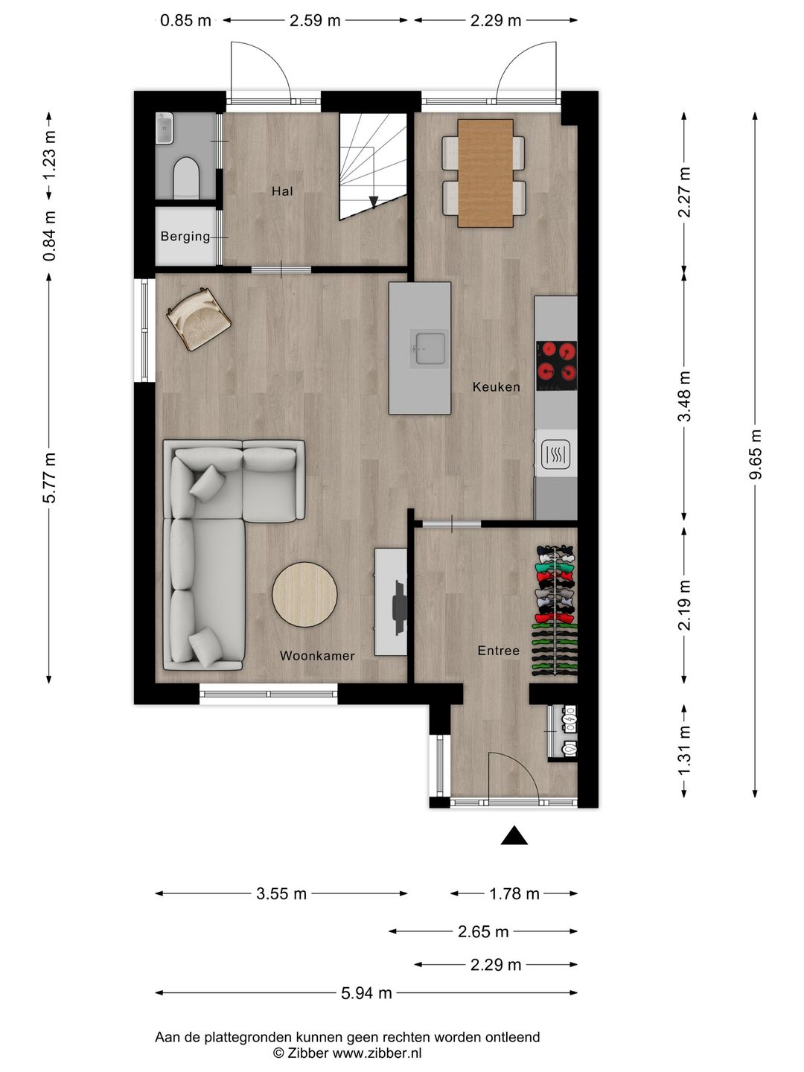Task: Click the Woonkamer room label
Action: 317,656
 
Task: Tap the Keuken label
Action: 496,386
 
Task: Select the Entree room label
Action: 498,651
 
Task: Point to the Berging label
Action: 185,237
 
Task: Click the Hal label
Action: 282,191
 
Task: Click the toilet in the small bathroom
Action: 185,179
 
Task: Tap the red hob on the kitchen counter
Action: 556,365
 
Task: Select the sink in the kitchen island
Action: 430,348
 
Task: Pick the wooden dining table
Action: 485,173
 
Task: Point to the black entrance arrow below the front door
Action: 514,836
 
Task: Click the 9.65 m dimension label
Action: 755,455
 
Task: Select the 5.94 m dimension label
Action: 366,992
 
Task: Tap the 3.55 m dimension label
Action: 281,893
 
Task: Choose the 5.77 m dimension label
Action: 49,477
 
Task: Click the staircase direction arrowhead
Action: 374,202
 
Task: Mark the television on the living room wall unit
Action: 399,602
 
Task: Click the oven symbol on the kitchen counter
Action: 555,453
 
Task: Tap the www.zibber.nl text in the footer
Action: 377,1053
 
